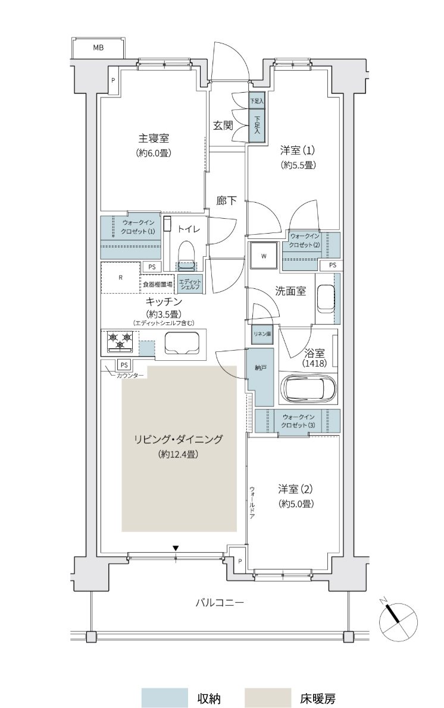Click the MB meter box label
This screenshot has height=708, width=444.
coord(98,48)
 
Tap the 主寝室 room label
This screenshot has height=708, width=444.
coord(154,138)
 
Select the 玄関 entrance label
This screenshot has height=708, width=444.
coord(223,125)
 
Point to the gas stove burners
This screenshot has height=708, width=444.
coord(120,341)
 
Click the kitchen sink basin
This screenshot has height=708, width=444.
coord(182,344)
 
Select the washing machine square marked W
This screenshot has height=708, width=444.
coord(264,256)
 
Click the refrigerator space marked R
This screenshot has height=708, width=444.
coord(120,277)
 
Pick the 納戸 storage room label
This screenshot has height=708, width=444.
coord(260,368)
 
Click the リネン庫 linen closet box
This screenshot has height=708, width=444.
coord(262,334)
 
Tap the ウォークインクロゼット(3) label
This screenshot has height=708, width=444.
coord(298,421)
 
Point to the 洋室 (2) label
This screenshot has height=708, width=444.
coord(295,489)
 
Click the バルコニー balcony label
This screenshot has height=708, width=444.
coord(220,602)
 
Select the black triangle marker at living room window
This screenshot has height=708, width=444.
coord(176,548)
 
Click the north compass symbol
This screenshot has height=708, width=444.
coord(398,621)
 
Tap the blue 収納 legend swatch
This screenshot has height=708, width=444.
coord(165,698)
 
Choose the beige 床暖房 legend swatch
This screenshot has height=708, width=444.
coord(268,698)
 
